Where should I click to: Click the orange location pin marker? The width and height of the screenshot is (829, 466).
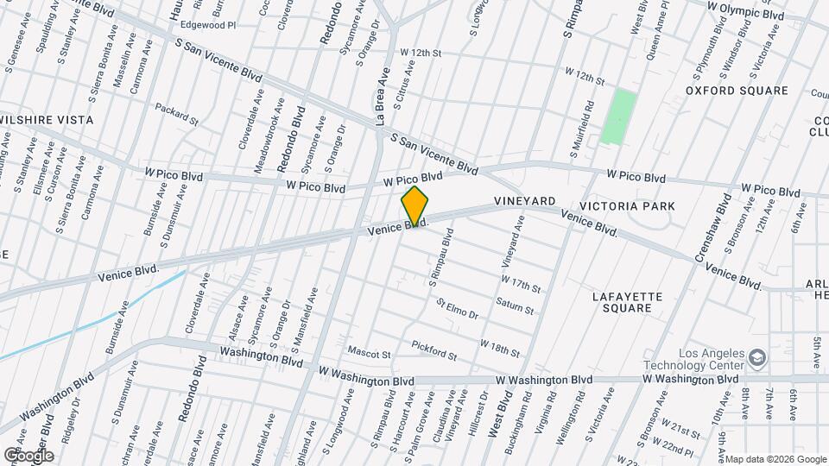pyautogui.click(x=414, y=206)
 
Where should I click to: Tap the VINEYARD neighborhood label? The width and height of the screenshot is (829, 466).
pyautogui.click(x=525, y=201)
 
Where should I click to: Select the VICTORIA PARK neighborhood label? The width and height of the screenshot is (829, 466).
pyautogui.click(x=627, y=206)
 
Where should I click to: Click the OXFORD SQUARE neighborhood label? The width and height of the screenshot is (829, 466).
pyautogui.click(x=737, y=91)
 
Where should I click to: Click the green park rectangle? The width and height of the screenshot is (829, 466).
pyautogui.click(x=620, y=116)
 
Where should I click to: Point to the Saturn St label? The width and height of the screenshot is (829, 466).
pyautogui.click(x=516, y=305)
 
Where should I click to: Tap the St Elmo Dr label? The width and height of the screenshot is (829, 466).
pyautogui.click(x=457, y=309)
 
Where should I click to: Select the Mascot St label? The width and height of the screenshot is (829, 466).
pyautogui.click(x=369, y=353)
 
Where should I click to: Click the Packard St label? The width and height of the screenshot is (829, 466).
pyautogui.click(x=176, y=110)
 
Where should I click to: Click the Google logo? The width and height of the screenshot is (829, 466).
pyautogui.click(x=28, y=455)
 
